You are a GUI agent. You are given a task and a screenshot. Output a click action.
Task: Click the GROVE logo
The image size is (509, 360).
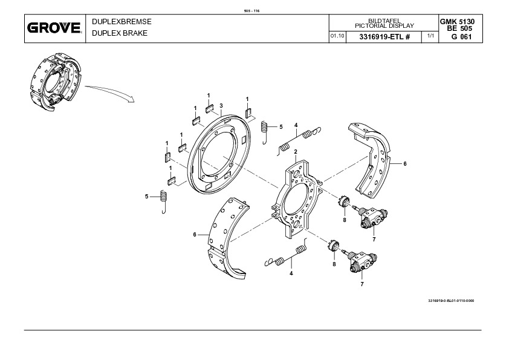(54, 28)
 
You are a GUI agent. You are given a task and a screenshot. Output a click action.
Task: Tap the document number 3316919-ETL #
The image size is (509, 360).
(384, 37)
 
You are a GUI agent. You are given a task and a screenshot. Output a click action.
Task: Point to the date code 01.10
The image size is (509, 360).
(337, 37)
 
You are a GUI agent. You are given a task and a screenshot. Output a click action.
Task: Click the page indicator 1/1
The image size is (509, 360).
(430, 37)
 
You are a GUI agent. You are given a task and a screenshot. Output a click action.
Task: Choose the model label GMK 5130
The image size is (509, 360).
(457, 21)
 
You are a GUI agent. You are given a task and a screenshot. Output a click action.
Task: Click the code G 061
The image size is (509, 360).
(459, 37)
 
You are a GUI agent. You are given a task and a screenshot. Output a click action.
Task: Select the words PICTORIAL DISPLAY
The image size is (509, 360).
(384, 25)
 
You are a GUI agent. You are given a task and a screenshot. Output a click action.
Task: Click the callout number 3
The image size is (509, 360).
(221, 105)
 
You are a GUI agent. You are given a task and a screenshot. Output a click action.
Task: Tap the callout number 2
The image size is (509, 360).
(295, 151)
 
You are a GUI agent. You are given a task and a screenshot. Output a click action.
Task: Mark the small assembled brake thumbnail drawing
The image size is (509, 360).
(54, 82)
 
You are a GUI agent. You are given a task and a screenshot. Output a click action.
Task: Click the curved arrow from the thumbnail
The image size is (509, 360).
(109, 91)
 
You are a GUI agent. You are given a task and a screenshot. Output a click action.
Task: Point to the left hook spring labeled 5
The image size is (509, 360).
(163, 200)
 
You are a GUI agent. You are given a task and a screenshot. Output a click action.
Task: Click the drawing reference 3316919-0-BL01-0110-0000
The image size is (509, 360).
(450, 301)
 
